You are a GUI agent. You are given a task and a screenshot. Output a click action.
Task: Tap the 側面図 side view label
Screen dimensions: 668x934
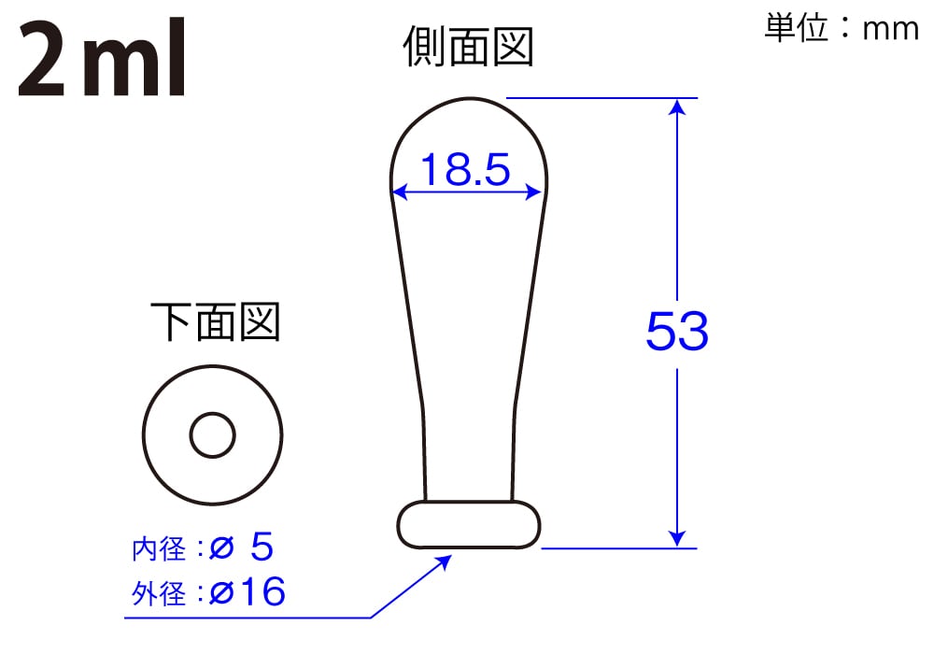pyautogui.click(x=468, y=46)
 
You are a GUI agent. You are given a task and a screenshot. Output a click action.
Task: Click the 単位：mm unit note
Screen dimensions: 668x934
pyautogui.click(x=842, y=28)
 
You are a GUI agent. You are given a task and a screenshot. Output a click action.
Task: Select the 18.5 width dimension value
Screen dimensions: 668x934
pyautogui.click(x=465, y=170)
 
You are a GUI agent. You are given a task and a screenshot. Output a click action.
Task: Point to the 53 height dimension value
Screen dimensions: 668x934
pyautogui.click(x=677, y=331)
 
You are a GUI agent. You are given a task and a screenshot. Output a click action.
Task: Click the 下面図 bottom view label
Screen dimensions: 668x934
pyautogui.click(x=215, y=322)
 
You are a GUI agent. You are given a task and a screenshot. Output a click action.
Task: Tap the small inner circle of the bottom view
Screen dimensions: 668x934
pyautogui.click(x=213, y=435)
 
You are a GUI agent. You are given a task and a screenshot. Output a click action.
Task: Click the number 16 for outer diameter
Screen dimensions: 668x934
pyautogui.click(x=262, y=592)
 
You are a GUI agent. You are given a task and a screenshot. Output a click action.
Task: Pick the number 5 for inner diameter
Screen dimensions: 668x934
pyautogui.click(x=262, y=548)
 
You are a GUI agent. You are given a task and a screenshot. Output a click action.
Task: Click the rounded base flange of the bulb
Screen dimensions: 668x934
pyautogui.click(x=469, y=525)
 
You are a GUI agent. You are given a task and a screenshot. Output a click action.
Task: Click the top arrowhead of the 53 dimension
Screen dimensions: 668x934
pyautogui.click(x=678, y=107)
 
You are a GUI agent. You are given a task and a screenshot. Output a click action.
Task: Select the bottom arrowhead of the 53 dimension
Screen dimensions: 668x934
pyautogui.click(x=678, y=538)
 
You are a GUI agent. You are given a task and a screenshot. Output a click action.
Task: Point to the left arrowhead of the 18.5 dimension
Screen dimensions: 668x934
pyautogui.click(x=399, y=193)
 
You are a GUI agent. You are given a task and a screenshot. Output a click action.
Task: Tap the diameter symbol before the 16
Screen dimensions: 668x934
pyautogui.click(x=221, y=592)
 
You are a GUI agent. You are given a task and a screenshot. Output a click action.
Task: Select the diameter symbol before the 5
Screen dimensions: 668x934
pyautogui.click(x=221, y=549)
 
